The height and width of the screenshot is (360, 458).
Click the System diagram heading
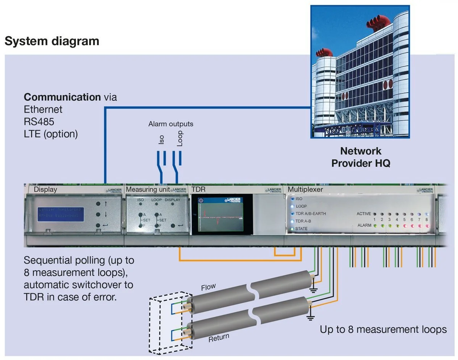click(52, 41)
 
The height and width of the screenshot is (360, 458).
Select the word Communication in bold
click(62, 97)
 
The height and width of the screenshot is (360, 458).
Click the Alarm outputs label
click(171, 124)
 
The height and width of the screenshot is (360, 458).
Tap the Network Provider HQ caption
click(361, 157)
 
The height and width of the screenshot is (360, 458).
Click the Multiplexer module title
click(305, 189)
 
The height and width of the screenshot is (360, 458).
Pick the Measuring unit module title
click(148, 189)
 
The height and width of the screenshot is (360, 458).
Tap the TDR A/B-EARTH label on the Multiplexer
click(310, 214)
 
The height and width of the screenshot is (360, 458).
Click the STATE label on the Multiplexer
click(301, 229)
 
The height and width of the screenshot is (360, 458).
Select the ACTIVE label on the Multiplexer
click(363, 214)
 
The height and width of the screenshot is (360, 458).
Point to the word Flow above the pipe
click(208, 287)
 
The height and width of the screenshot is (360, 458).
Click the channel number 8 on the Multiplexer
click(426, 220)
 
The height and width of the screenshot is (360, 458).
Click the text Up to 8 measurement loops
click(383, 329)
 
